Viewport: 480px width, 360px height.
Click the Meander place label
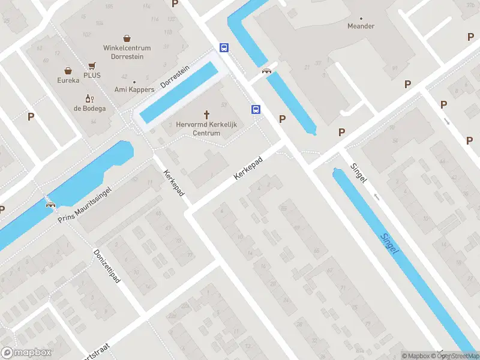361,26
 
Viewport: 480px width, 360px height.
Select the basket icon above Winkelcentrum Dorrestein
127,38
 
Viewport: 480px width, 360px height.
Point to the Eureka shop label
68,80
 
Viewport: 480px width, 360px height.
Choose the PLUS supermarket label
92,76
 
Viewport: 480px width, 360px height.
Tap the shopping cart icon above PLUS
92,65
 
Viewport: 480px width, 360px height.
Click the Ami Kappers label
134,90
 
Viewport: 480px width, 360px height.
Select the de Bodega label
90,109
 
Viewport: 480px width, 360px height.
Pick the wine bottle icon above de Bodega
90,98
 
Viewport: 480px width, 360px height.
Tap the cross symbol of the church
208,113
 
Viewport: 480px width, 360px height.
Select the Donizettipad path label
107,266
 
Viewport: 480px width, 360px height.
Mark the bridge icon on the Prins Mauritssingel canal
50,204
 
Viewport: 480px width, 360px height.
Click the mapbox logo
26,353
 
